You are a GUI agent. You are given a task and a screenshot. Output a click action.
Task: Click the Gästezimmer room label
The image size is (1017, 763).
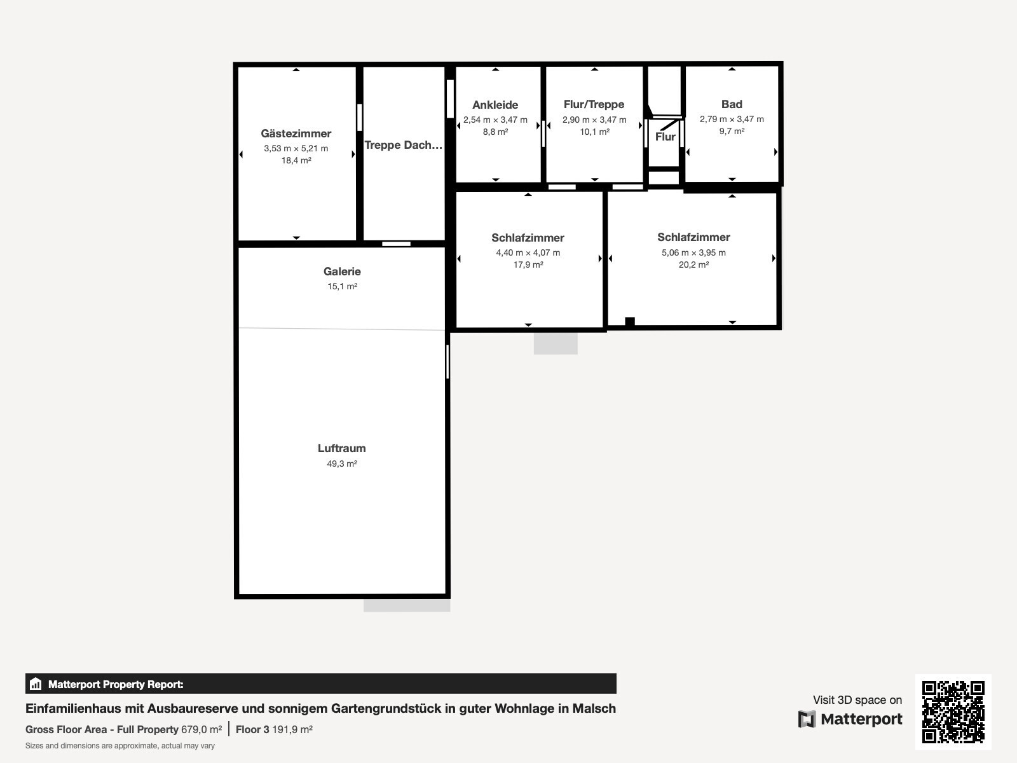tap(296, 134)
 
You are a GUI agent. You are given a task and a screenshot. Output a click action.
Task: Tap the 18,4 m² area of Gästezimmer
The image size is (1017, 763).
tap(296, 161)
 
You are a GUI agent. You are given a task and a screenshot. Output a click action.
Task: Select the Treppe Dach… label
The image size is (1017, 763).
tap(404, 145)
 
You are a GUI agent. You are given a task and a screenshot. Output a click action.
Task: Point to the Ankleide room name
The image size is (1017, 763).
tap(495, 105)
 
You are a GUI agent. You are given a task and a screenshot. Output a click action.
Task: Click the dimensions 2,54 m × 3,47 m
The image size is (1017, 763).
tap(495, 120)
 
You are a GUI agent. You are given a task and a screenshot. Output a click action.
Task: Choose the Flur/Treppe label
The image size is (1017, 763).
tap(594, 104)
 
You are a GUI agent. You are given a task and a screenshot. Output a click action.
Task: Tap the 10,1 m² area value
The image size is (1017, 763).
tap(594, 132)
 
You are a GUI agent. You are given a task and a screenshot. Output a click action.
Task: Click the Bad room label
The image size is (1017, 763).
tap(732, 104)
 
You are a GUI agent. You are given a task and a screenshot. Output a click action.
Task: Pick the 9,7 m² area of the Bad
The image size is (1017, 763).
tap(732, 131)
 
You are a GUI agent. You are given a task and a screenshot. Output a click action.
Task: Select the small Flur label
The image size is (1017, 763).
tap(665, 137)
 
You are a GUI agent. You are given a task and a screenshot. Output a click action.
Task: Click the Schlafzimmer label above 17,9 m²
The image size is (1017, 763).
tap(528, 238)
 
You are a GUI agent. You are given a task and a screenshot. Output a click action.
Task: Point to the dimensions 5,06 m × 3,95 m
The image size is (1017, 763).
tap(693, 252)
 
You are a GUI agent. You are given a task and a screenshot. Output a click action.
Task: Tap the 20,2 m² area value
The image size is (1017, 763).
tap(693, 265)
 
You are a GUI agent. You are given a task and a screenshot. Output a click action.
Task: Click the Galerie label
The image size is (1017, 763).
tap(342, 272)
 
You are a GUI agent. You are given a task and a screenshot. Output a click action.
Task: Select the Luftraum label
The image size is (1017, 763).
tap(341, 448)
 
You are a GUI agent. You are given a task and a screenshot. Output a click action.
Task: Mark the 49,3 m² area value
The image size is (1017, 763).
tap(342, 464)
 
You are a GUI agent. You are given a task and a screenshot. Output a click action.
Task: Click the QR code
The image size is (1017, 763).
tap(953, 712)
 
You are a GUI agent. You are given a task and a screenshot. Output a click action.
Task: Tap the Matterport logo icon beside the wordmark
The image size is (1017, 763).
tap(807, 719)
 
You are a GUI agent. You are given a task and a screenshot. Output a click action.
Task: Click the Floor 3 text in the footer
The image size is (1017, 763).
tap(252, 730)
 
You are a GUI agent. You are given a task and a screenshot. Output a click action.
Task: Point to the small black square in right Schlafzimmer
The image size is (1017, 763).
tap(630, 322)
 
